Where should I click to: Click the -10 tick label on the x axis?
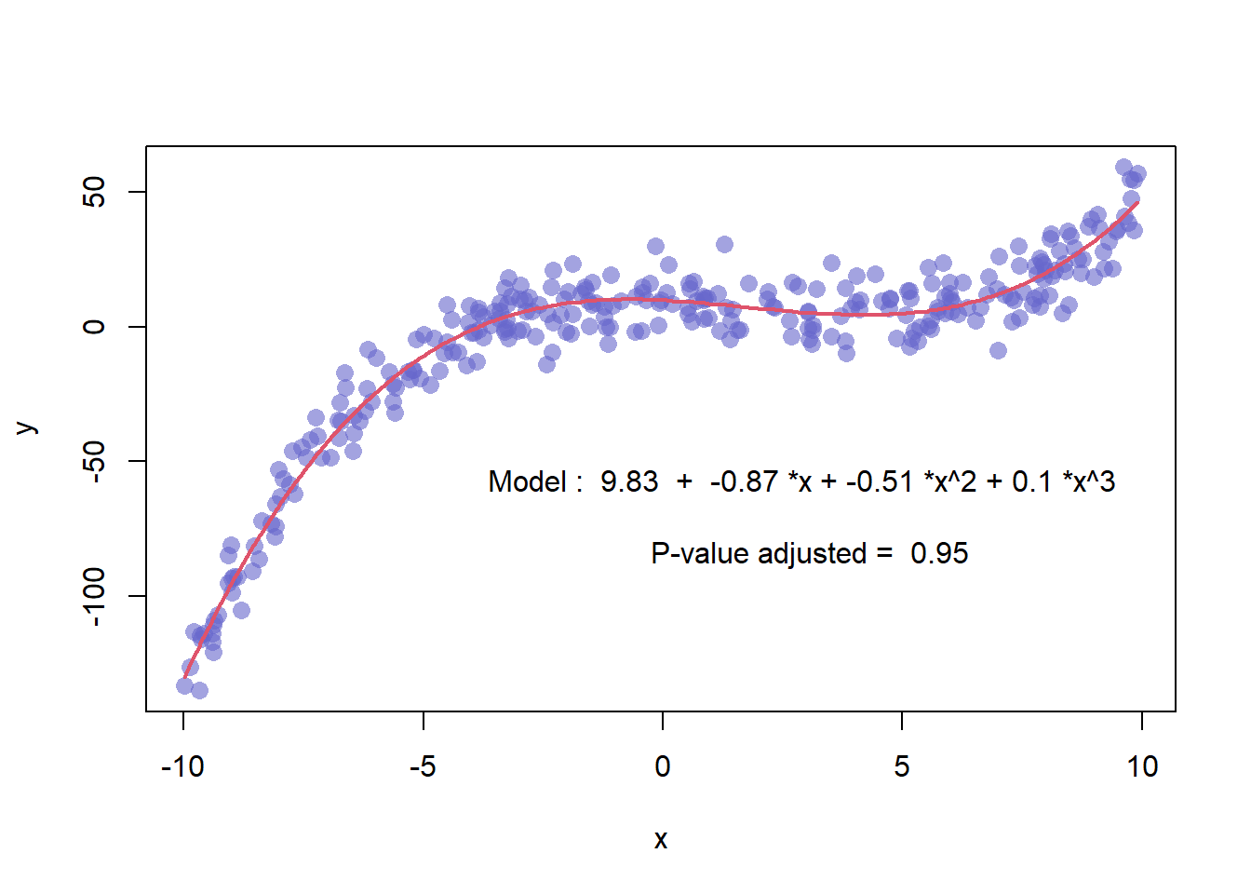pos(182,766)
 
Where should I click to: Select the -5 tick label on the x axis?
pos(423,766)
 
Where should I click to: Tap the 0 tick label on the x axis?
pos(662,766)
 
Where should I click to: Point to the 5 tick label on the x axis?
pos(902,766)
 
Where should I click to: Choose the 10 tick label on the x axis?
pos(1142,766)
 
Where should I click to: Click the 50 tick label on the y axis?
pos(94,193)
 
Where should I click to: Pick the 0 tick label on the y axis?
pos(94,327)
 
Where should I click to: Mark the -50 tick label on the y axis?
pos(94,461)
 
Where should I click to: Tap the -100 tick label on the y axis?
pos(94,596)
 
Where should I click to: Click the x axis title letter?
pos(661,840)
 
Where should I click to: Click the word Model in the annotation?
pos(527,481)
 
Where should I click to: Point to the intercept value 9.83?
pos(629,481)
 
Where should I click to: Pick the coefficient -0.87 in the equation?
pos(743,481)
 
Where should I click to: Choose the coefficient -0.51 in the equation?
pos(879,481)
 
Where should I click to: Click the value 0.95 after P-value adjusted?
pos(939,553)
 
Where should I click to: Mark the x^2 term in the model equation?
pos(955,481)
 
